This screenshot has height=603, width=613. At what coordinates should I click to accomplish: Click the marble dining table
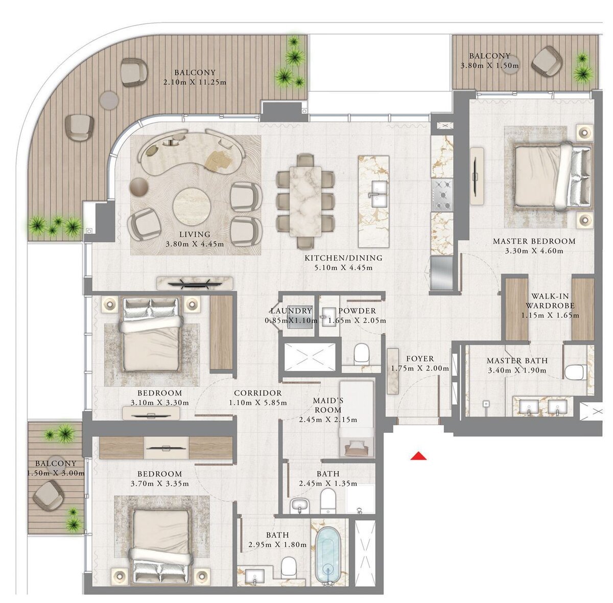pos(305,201)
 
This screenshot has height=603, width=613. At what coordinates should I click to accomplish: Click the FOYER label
pos(420,359)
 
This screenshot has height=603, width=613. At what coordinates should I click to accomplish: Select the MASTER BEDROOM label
pos(534,241)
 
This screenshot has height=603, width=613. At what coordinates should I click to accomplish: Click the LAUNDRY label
pos(291,311)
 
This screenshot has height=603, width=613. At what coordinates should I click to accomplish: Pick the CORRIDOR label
pos(257,393)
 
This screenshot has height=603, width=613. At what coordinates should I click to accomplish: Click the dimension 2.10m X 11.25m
pos(195,82)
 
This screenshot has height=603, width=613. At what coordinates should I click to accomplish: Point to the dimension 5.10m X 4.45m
pos(343,268)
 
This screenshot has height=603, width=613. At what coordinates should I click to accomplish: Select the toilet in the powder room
pos(361,354)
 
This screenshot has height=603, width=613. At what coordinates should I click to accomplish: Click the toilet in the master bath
pos(576,372)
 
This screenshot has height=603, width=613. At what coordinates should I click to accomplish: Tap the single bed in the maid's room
pos(356,419)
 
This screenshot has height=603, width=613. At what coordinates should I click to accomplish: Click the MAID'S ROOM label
pos(327,405)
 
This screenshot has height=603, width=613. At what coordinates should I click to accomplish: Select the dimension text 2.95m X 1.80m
pos(277,545)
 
